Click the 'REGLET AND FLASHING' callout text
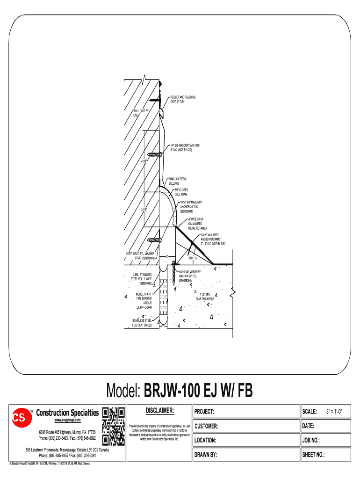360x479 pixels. tap(183, 99)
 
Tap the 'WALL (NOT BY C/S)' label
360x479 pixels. tap(140, 113)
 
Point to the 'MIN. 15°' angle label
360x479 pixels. tap(193, 258)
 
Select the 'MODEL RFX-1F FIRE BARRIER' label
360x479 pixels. tap(144, 301)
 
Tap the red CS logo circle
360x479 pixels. tap(19, 418)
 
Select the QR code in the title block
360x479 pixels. tap(114, 426)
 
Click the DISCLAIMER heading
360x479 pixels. tap(159, 411)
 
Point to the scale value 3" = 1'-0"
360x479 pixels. tap(334, 412)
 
